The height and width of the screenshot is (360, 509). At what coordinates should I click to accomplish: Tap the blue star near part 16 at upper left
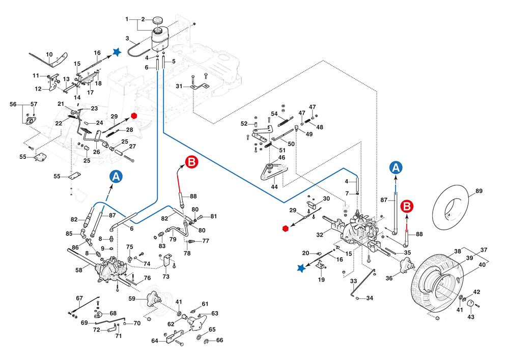click(x=117, y=51)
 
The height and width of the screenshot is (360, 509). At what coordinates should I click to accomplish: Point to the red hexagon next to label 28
click(x=134, y=116)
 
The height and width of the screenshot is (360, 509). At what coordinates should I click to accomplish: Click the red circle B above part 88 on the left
click(x=191, y=162)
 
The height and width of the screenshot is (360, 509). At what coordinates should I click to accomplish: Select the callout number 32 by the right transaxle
click(x=320, y=235)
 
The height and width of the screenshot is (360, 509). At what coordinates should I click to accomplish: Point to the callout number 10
click(x=49, y=54)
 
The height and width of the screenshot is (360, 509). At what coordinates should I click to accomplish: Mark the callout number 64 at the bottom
click(x=155, y=341)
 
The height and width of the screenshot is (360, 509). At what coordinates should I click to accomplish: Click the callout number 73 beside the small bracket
click(x=165, y=276)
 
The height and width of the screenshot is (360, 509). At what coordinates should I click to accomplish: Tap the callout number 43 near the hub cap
click(x=471, y=317)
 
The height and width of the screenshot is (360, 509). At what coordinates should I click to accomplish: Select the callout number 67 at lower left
click(x=79, y=298)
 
